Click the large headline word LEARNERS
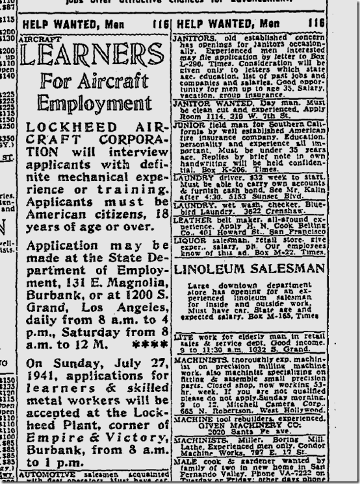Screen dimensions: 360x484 pyautogui.click(x=92, y=54)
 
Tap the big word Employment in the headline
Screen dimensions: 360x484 pyautogui.click(x=92, y=104)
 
